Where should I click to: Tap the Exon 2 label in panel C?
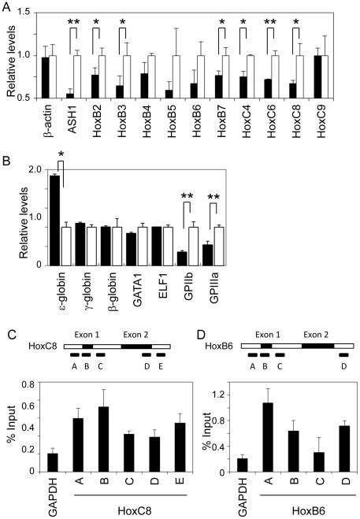(x=135, y=333)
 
